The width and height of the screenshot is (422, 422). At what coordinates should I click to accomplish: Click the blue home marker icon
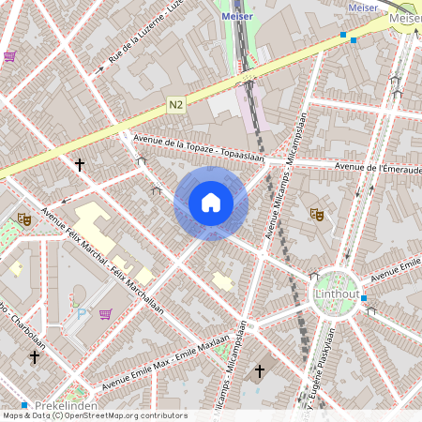tap(211, 203)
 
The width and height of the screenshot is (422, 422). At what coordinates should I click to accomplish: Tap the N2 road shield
tap(176, 105)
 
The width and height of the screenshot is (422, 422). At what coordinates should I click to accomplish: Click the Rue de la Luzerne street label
tap(144, 34)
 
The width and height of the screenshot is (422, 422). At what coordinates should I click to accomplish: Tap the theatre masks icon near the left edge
tap(24, 219)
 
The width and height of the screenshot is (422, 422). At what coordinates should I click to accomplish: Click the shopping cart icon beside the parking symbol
tap(106, 313)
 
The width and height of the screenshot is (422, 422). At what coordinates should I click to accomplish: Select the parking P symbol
tap(81, 313)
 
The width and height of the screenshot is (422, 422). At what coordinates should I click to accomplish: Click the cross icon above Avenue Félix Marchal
tap(80, 165)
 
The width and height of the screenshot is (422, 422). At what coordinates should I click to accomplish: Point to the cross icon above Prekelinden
tap(35, 357)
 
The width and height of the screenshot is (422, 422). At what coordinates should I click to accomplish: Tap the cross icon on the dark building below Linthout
tap(260, 371)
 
